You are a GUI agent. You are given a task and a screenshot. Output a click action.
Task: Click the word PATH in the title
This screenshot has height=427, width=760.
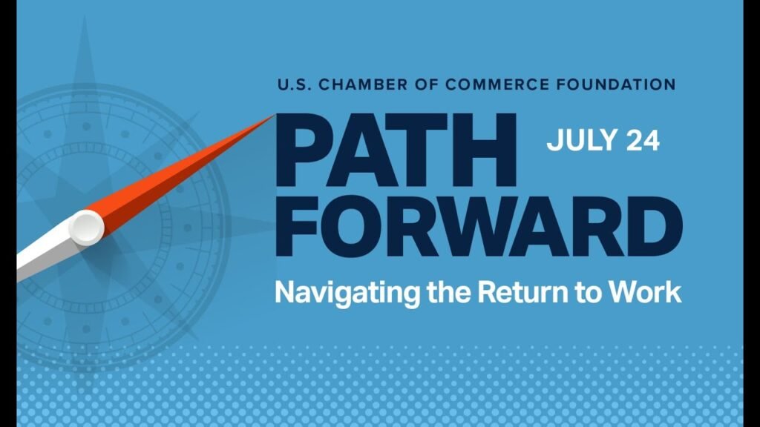click(x=396, y=150)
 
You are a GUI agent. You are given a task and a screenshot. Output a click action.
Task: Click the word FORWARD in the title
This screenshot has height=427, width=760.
click(x=479, y=226)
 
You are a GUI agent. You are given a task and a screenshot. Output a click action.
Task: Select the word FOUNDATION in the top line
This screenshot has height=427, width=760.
click(x=615, y=85)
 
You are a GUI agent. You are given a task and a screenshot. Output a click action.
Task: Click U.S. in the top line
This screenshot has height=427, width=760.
click(x=294, y=85)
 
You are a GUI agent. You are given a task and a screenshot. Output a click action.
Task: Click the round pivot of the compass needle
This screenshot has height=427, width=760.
click(x=86, y=228)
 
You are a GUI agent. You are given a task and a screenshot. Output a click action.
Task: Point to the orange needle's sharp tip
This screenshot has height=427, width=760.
click(x=275, y=115)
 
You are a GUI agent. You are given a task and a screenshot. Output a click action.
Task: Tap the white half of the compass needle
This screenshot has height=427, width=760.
click(x=46, y=252)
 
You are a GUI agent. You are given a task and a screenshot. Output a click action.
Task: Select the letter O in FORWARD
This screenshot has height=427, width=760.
click(x=358, y=226)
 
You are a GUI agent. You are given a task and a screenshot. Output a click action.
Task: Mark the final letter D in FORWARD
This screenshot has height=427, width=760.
click(x=654, y=226)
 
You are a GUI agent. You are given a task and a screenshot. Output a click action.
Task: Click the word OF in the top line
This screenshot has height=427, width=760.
click(x=427, y=85)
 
